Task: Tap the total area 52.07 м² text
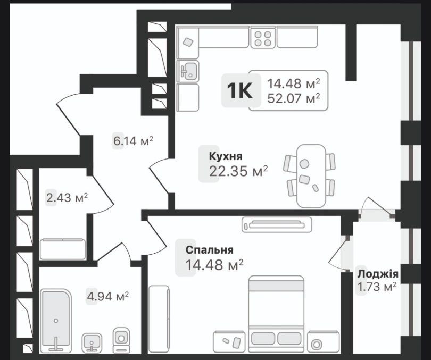click(294, 98)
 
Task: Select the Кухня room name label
click(226, 156)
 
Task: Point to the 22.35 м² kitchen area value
click(239, 171)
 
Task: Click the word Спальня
click(210, 249)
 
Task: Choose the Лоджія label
click(378, 274)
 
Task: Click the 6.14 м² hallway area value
click(132, 141)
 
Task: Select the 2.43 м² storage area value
click(67, 198)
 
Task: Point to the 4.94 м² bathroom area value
click(108, 296)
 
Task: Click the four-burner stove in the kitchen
click(262, 37)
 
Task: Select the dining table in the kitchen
click(310, 175)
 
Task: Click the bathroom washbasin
click(92, 340)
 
